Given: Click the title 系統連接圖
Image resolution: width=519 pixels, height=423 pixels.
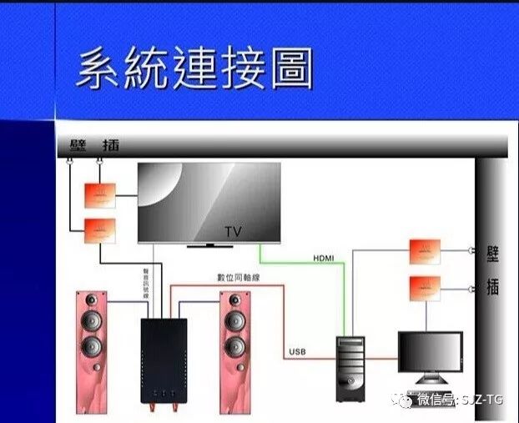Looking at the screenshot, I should pyautogui.click(x=194, y=69).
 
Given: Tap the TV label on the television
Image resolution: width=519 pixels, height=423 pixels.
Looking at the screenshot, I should pyautogui.click(x=233, y=231).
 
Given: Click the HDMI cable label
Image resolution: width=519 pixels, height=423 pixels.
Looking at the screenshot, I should pyautogui.click(x=324, y=259).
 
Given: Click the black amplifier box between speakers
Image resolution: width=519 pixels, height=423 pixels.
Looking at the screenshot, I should pyautogui.click(x=163, y=363).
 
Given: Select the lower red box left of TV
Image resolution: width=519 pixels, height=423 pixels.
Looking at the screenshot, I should pyautogui.click(x=99, y=229).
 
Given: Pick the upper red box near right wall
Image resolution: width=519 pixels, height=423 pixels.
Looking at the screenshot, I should pyautogui.click(x=425, y=251).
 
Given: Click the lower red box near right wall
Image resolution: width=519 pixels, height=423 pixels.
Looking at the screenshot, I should pyautogui.click(x=425, y=288).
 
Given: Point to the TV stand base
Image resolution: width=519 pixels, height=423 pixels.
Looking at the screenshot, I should pyautogui.click(x=211, y=245).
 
